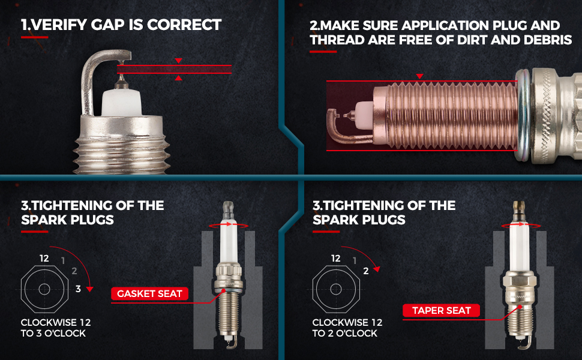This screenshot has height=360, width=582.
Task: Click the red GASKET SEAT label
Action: tap(149, 293)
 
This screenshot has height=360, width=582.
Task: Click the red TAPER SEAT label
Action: tap(442, 310)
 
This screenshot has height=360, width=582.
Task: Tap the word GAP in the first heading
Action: tap(107, 25)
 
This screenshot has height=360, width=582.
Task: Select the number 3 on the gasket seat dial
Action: tap(78, 289)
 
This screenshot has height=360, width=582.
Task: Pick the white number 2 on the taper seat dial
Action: tap(366, 271)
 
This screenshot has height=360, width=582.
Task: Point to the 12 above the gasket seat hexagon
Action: tap(44, 259)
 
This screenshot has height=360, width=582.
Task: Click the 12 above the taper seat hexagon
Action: tap(335, 259)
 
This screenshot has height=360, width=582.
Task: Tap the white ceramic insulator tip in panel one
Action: tap(121, 102)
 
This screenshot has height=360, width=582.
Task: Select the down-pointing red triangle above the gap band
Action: tap(179, 61)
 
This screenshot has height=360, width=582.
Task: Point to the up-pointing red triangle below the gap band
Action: tap(179, 77)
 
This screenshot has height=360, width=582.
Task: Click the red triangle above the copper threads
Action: tap(420, 76)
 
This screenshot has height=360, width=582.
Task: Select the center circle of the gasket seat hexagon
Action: tap(44, 289)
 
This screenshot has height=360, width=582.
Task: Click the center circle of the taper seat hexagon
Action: tap(336, 289)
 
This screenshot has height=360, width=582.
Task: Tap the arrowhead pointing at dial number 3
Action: tap(89, 289)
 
